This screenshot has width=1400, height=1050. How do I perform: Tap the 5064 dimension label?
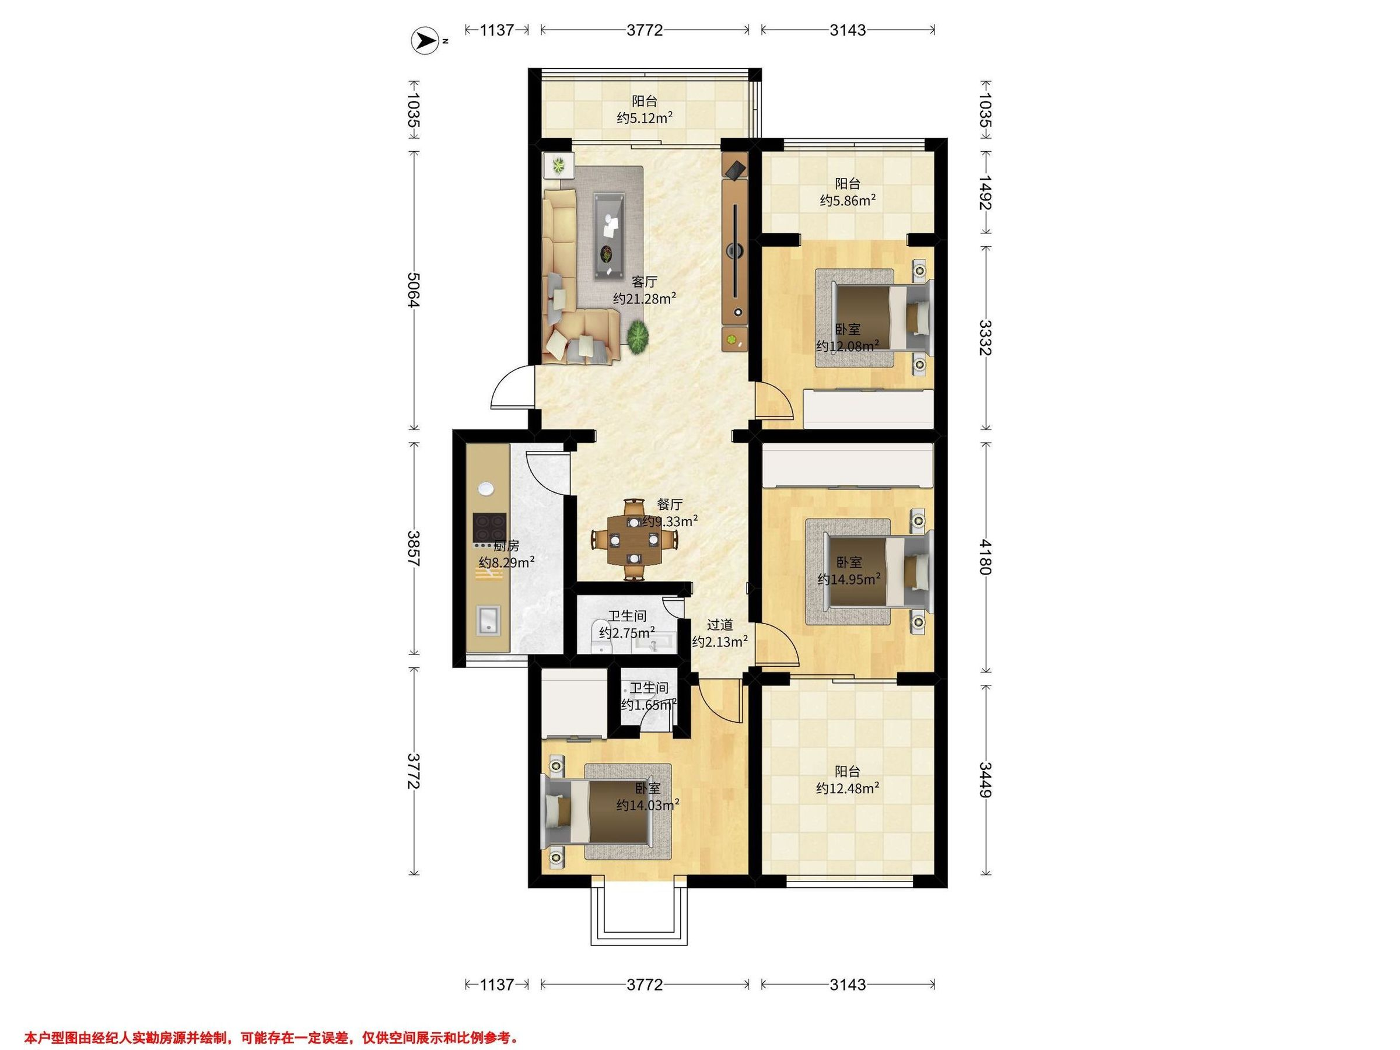pyautogui.click(x=414, y=290)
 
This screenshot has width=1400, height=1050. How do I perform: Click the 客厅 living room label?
pyautogui.click(x=645, y=282)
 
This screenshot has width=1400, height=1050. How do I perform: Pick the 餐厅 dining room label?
pyautogui.click(x=670, y=505)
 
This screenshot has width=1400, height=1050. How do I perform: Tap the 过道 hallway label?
pyautogui.click(x=720, y=625)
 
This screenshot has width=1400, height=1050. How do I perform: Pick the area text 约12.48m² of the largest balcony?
pyautogui.click(x=848, y=789)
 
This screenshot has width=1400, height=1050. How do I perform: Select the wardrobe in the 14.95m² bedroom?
pyautogui.click(x=848, y=465)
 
